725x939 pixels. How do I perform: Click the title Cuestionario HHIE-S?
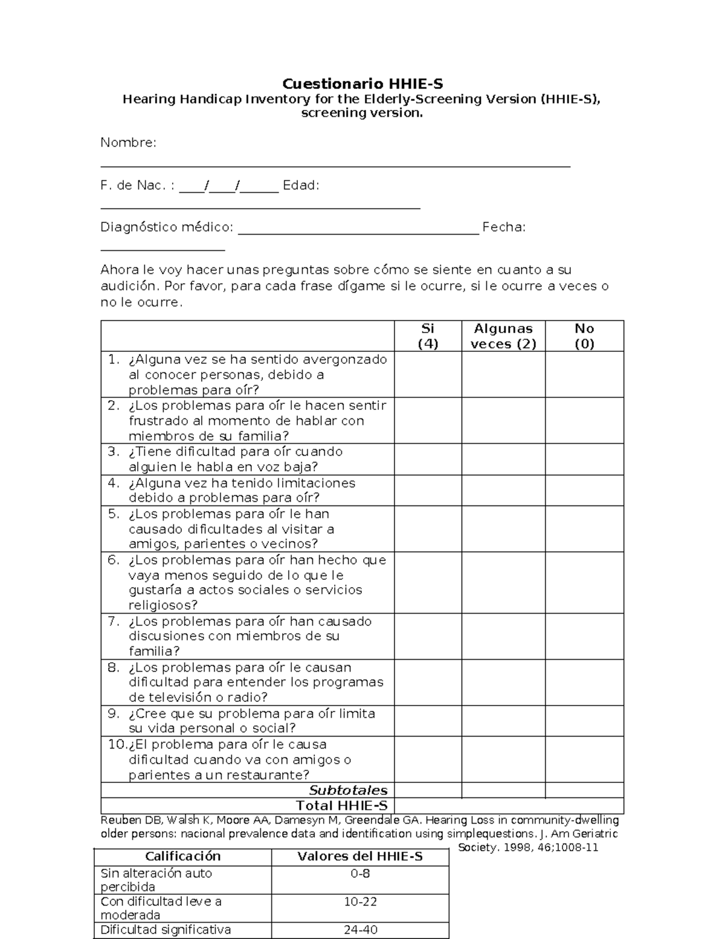[362, 83]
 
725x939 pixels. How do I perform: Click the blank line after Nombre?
[335, 164]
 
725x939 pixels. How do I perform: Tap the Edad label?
[301, 186]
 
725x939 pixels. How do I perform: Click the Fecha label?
[503, 227]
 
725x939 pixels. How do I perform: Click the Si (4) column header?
[428, 336]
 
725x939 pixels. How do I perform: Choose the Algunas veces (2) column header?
[503, 336]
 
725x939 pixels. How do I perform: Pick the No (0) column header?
[584, 336]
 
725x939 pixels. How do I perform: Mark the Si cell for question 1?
[428, 374]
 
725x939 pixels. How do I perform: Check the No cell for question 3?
[584, 460]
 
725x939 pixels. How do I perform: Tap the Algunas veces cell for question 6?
[503, 582]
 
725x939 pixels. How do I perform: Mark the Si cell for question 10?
[428, 759]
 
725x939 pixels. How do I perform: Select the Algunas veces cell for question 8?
[503, 682]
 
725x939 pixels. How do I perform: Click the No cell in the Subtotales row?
[584, 790]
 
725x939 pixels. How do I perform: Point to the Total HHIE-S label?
[341, 805]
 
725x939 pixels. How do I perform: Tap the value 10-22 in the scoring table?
[360, 902]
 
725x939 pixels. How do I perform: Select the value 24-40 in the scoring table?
[360, 930]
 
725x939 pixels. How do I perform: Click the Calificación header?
[182, 856]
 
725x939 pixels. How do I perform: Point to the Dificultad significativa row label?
[166, 930]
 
